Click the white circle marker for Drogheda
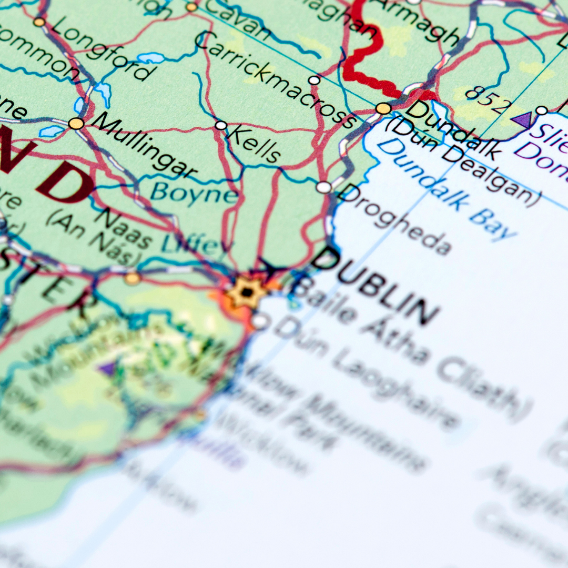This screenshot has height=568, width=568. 324,187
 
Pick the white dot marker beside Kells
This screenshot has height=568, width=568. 221,125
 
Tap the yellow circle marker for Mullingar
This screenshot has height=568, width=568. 76,124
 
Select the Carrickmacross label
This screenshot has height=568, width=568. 276,79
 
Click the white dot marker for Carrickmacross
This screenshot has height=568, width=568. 314,80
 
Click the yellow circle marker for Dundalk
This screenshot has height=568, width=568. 383,108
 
